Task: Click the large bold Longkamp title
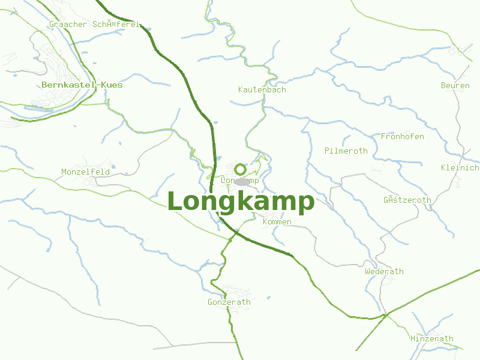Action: (241, 202)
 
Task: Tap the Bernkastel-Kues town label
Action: (82, 85)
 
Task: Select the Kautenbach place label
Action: (262, 90)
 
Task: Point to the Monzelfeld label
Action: (85, 172)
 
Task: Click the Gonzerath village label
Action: (229, 302)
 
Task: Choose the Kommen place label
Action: (277, 222)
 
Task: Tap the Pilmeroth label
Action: (346, 151)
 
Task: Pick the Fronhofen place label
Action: (402, 137)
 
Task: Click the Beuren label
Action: (455, 86)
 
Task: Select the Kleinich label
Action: (460, 167)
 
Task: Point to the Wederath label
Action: (384, 272)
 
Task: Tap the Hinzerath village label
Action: (431, 339)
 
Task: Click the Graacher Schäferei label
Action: (95, 25)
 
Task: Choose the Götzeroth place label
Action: (407, 200)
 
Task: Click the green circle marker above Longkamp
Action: (241, 169)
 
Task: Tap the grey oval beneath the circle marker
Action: (242, 182)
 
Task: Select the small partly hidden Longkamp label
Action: (239, 181)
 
